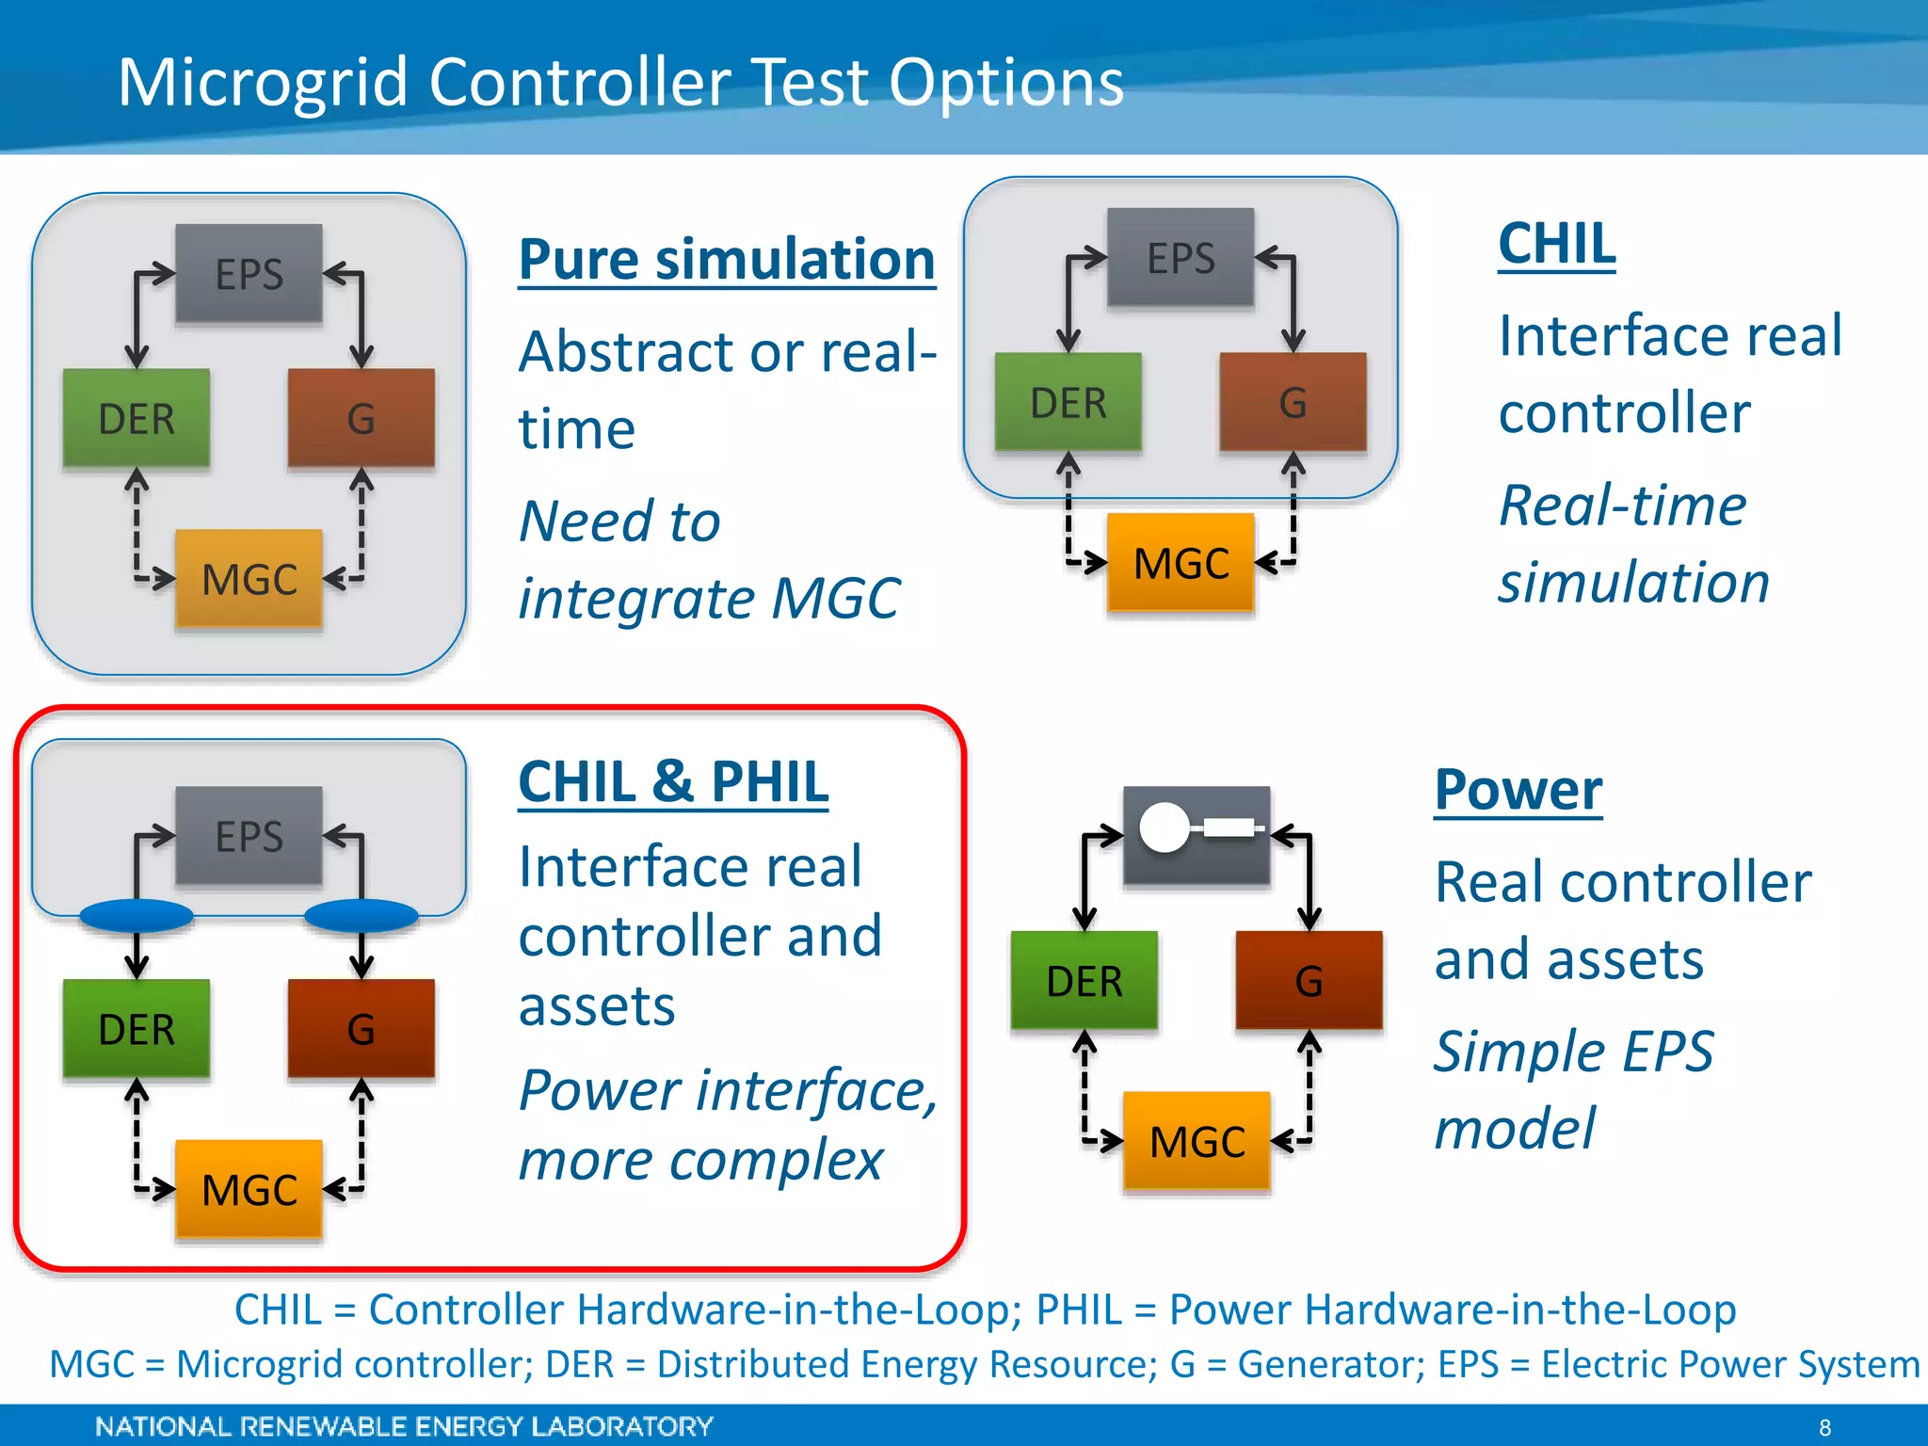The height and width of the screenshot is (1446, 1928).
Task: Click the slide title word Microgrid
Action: coord(262,83)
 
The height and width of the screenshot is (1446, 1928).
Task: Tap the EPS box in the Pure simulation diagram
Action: coord(249,274)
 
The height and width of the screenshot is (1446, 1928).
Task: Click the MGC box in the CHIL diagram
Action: coord(1181,563)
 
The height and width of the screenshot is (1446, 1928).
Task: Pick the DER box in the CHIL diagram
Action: coord(1068,402)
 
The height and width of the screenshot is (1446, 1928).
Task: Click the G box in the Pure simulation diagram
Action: coord(361,418)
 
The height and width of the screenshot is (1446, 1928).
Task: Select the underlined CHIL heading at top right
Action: coord(1557,244)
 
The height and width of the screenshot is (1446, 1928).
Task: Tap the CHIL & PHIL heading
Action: coord(673,781)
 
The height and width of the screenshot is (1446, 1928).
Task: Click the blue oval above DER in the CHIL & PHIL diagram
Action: coord(137,915)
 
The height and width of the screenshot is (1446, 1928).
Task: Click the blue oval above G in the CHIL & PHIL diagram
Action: coord(361,915)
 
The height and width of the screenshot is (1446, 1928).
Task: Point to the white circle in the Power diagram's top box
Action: coord(1165,827)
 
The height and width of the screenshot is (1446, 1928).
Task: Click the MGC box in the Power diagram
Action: coord(1197,1141)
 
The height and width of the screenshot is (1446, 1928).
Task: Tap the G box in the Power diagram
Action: coord(1309,980)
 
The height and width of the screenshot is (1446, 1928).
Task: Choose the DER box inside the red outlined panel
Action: coord(137,1028)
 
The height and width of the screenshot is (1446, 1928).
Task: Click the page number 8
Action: coord(1824,1427)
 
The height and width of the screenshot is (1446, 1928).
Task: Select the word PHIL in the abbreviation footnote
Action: coord(1079,1309)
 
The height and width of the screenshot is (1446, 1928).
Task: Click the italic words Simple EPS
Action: coord(1573,1052)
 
